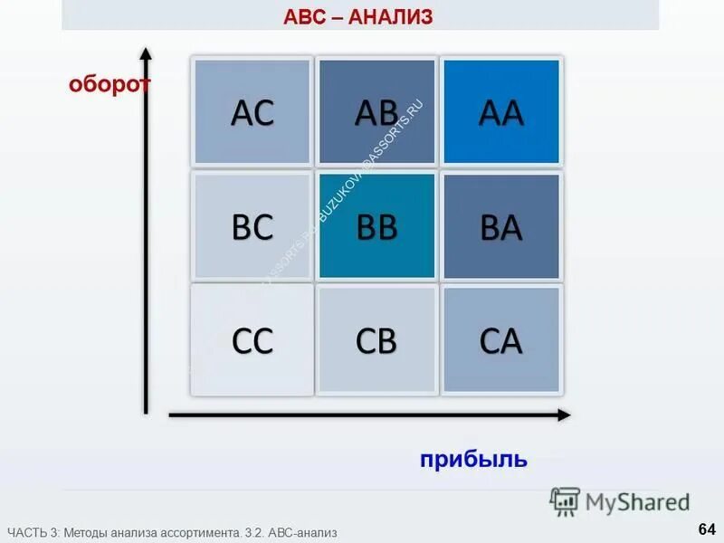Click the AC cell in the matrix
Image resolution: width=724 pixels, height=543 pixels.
point(252,112)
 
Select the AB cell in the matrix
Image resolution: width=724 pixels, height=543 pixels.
point(376,112)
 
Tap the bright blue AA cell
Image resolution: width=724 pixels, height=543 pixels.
point(500,112)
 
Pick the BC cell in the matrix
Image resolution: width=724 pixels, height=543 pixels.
point(252,226)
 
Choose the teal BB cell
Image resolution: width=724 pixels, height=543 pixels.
point(376,226)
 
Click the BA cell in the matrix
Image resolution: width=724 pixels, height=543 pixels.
point(500,226)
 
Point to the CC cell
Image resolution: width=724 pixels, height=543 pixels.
point(252,340)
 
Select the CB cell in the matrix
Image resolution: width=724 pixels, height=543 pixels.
point(376,340)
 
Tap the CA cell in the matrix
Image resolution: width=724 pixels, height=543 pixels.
point(500,340)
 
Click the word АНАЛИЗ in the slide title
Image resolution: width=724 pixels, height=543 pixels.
point(394,16)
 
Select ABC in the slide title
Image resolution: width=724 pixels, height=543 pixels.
point(308,16)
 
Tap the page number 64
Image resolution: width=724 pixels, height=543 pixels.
point(706,529)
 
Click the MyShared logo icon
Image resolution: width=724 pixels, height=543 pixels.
point(565,501)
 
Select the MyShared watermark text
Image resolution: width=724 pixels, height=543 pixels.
point(637,502)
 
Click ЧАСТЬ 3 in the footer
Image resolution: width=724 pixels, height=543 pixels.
point(32,533)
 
